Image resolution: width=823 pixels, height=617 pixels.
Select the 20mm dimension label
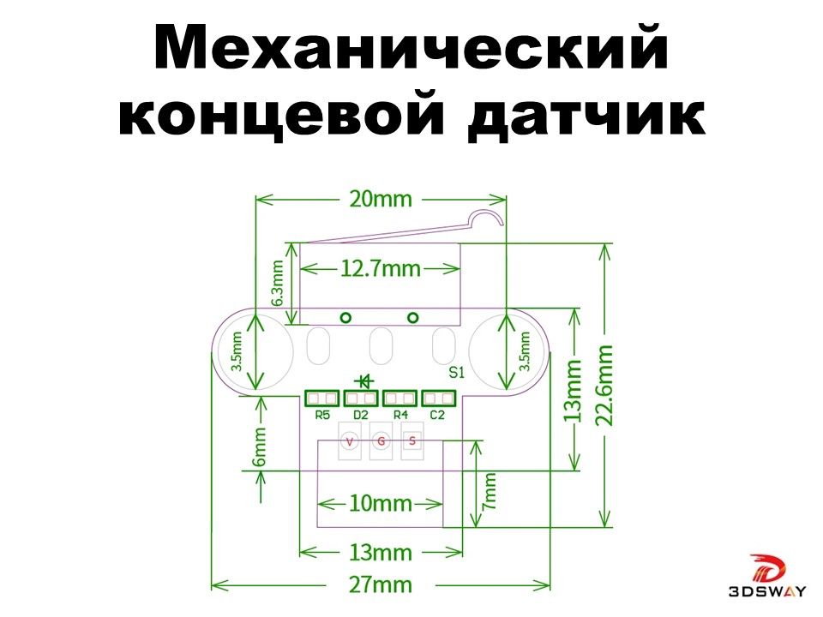pos(380,200)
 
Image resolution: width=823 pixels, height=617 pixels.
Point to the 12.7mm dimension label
pos(381,269)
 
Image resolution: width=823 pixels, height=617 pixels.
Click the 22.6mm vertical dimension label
pos(606,385)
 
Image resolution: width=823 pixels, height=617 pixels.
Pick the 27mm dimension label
pos(380,585)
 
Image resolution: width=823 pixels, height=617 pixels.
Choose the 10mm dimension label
pos(381,503)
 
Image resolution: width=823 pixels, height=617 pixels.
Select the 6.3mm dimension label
pos(278,284)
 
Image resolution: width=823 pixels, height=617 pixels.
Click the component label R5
pos(322,416)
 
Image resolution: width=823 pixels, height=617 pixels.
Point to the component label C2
pos(437,416)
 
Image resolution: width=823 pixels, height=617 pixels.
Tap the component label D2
pos(361,416)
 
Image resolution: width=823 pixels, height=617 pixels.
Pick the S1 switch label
pos(456,373)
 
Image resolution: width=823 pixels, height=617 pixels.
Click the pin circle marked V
pos(350,441)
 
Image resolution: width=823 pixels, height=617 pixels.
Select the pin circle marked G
pos(381,441)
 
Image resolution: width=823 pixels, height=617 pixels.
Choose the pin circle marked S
pos(412,441)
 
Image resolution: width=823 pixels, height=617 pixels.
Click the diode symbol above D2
pos(363,380)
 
